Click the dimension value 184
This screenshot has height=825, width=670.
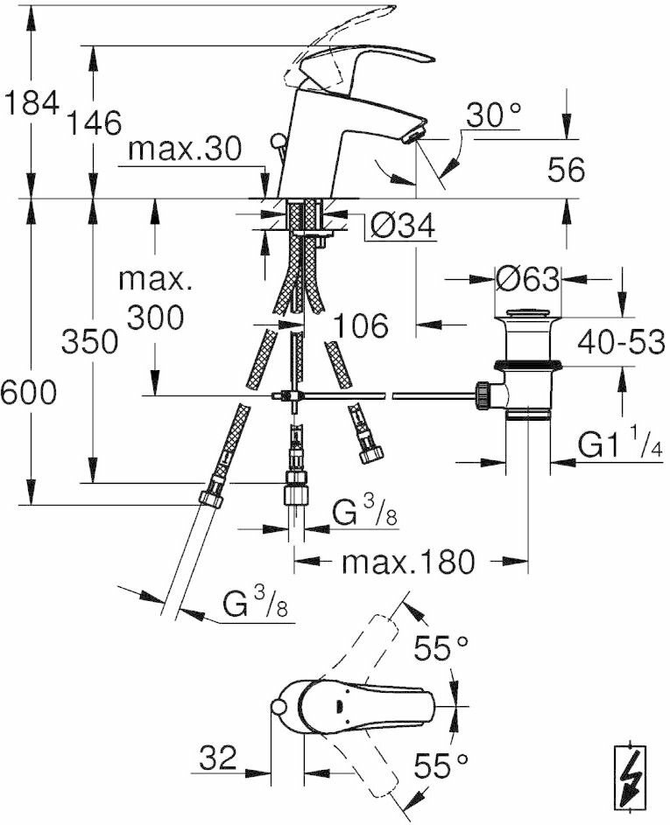(31, 104)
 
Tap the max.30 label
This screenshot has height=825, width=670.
(184, 150)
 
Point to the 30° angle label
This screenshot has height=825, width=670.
(493, 115)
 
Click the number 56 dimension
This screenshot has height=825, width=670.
(566, 170)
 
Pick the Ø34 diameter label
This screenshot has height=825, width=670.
(401, 226)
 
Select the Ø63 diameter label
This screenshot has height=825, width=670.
(526, 280)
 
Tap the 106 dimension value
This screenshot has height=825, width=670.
(359, 326)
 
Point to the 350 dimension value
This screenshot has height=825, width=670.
(90, 341)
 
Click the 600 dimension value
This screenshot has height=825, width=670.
(28, 393)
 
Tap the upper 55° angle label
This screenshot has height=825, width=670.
(441, 648)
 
